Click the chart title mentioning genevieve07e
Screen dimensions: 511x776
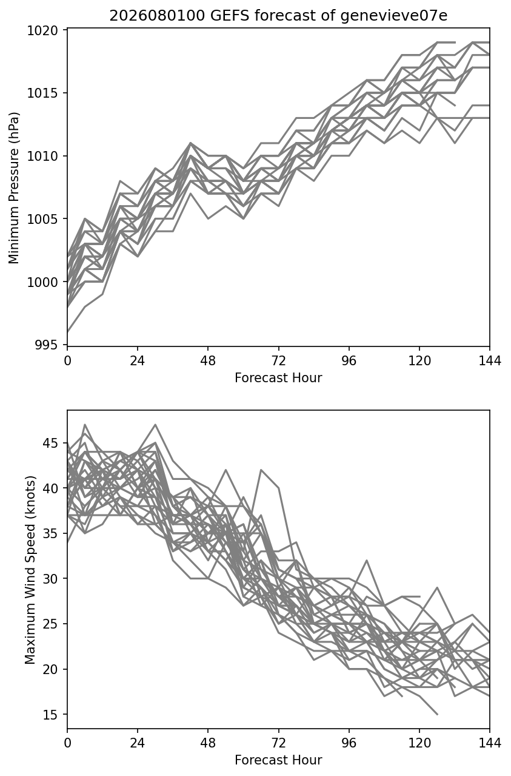tap(278, 16)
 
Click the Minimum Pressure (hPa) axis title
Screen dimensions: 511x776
tap(14, 187)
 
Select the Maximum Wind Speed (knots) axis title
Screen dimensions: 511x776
tap(30, 570)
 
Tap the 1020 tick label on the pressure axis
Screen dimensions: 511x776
tap(42, 30)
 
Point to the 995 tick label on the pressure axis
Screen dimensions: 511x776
tap(46, 345)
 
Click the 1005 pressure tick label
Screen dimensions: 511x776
tap(42, 219)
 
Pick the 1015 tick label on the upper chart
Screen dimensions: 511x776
tap(42, 93)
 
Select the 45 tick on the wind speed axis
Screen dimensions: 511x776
tap(50, 443)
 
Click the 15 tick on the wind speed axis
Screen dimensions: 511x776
tap(50, 714)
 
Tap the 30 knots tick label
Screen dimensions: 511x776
tap(50, 579)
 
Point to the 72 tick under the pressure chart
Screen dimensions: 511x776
tap(279, 361)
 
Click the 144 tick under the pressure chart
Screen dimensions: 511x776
tap(490, 361)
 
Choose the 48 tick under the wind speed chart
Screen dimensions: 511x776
tap(208, 743)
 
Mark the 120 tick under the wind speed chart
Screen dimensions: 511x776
tap(419, 743)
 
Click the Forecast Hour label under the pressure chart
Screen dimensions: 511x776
tap(278, 377)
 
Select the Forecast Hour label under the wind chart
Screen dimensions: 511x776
tap(278, 760)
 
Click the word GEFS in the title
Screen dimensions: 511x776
tap(230, 16)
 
